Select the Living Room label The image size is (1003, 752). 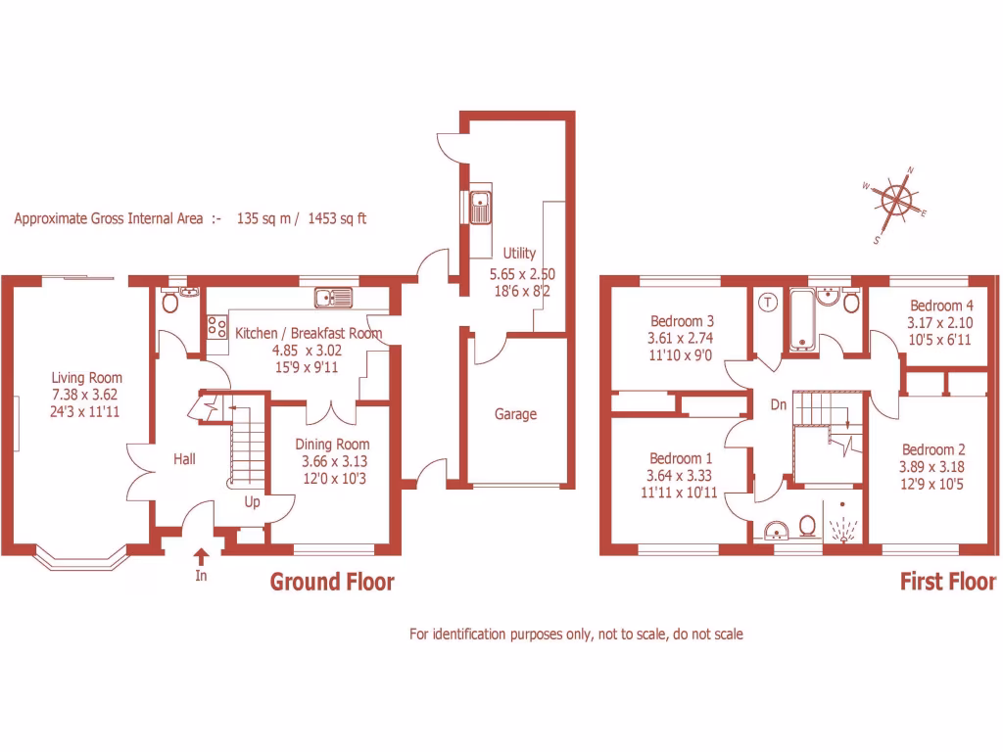pyautogui.click(x=87, y=378)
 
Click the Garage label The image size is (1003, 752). pyautogui.click(x=515, y=414)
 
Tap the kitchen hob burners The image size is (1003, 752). pyautogui.click(x=216, y=328)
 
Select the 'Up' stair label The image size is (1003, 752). pyautogui.click(x=252, y=501)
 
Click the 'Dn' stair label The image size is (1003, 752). pyautogui.click(x=779, y=403)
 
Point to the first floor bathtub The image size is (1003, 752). pyautogui.click(x=802, y=319)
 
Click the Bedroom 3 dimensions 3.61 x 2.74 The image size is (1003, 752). pyautogui.click(x=682, y=338)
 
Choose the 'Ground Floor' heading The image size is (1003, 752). pyautogui.click(x=332, y=583)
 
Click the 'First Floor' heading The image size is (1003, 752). pyautogui.click(x=947, y=583)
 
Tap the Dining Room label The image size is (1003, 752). pyautogui.click(x=333, y=445)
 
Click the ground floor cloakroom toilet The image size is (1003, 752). pyautogui.click(x=170, y=304)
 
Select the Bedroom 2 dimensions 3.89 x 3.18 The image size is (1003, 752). pyautogui.click(x=933, y=466)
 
